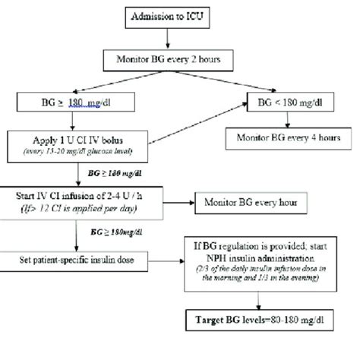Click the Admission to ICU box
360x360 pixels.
(x=180, y=17)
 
